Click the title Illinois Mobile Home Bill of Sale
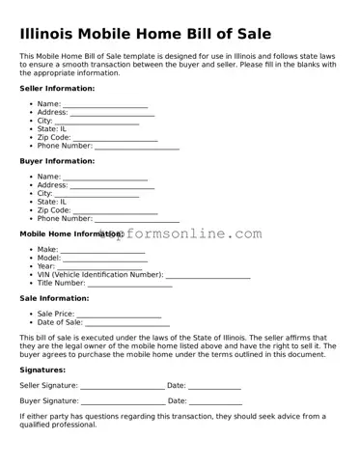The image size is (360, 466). [145, 35]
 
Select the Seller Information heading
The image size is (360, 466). [57, 88]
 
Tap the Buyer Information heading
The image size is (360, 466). [57, 161]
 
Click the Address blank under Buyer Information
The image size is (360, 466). [112, 185]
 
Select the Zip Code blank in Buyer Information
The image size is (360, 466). [115, 210]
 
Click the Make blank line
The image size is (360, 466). [103, 250]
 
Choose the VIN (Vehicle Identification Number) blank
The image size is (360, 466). [208, 275]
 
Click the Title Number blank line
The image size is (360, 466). [130, 284]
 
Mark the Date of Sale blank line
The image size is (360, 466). [127, 323]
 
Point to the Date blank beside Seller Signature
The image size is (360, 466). [214, 386]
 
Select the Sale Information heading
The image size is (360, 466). [54, 299]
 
